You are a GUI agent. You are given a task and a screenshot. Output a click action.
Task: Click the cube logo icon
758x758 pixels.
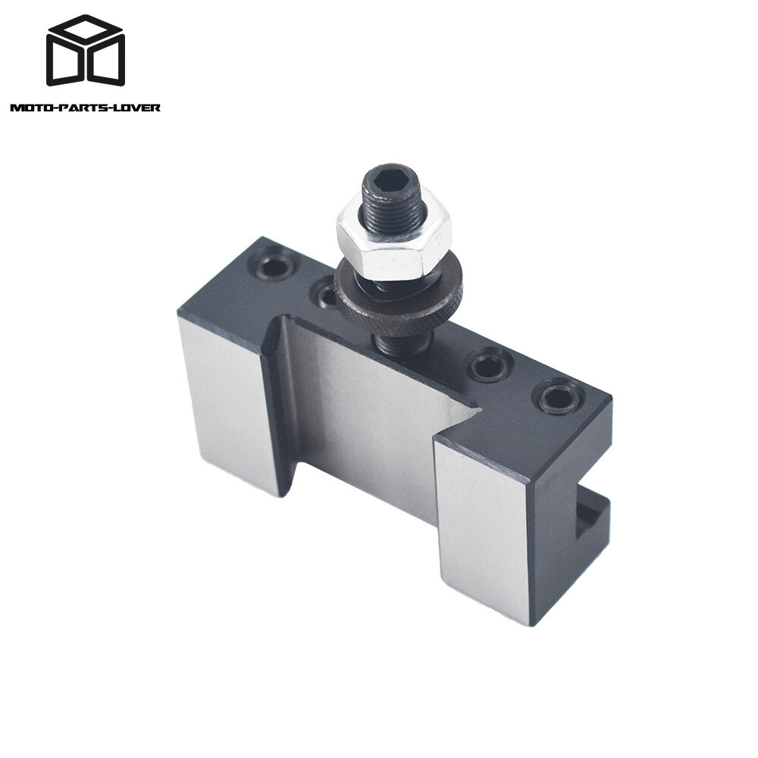click(85, 51)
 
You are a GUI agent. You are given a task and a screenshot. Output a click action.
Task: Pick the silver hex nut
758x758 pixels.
click(393, 242)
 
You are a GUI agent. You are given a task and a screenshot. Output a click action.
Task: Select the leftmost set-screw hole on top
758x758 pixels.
click(274, 266)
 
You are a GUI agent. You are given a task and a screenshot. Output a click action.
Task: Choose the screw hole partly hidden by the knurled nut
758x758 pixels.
click(326, 292)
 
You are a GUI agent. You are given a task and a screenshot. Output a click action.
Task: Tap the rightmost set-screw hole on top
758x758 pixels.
click(559, 397)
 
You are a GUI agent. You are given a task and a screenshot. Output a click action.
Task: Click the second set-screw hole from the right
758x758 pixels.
click(489, 367)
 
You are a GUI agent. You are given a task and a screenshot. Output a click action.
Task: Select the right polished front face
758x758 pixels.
click(483, 523)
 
